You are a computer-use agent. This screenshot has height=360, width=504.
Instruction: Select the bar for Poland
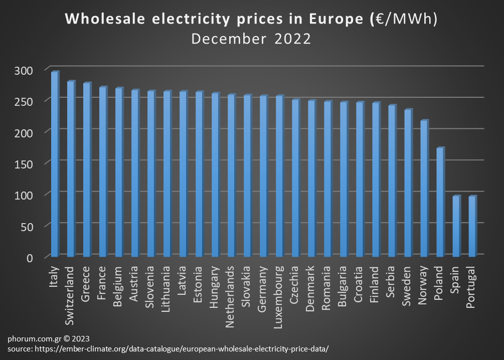440,203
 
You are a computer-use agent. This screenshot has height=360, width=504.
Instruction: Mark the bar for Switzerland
71,169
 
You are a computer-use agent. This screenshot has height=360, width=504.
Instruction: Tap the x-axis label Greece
86,283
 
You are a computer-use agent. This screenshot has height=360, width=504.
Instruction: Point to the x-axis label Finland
375,284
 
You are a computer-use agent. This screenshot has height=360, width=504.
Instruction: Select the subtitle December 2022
251,39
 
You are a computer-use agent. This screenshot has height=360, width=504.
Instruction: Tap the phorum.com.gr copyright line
48,338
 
